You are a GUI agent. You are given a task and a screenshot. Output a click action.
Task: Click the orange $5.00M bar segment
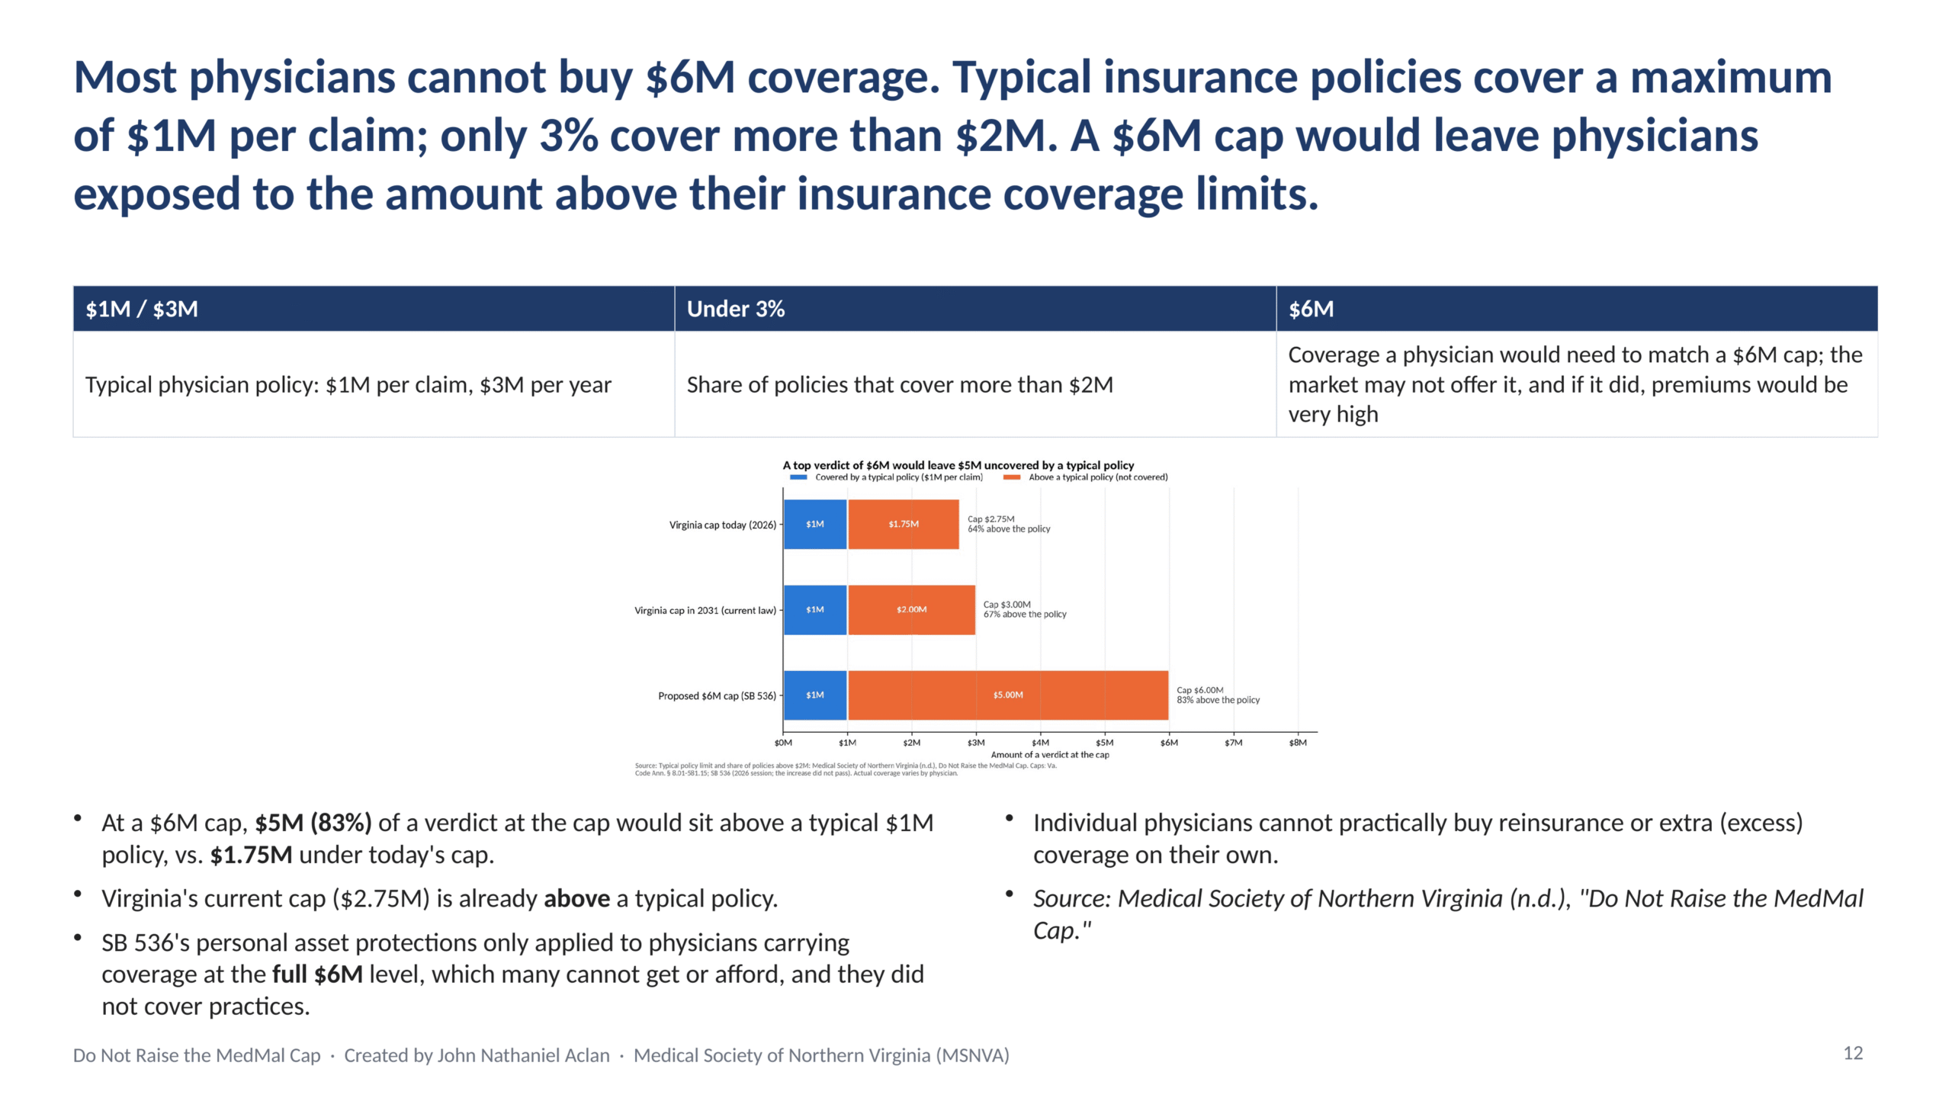(1008, 695)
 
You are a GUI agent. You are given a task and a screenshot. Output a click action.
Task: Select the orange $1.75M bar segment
(904, 524)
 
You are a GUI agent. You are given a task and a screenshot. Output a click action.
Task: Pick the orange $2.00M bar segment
(912, 609)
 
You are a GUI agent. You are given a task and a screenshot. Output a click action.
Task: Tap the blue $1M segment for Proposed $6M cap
(815, 695)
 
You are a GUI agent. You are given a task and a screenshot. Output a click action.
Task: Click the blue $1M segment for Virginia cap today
(815, 524)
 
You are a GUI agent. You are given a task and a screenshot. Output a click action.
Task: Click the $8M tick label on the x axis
(1298, 742)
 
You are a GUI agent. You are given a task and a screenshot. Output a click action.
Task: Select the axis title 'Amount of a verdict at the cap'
(1050, 755)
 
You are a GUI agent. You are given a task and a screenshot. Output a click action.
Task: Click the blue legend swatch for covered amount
(798, 477)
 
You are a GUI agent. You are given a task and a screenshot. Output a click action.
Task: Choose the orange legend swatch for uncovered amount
(1012, 477)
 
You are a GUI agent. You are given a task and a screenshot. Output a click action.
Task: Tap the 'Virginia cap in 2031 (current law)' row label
(705, 610)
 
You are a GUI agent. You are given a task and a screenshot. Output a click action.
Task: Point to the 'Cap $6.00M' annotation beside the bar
(1200, 690)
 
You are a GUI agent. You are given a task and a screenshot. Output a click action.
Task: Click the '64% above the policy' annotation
(1009, 529)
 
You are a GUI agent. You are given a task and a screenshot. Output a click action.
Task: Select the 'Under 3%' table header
(736, 309)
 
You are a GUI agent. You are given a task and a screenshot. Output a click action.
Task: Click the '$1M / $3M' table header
(142, 309)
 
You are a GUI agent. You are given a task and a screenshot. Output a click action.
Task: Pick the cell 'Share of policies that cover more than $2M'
(900, 384)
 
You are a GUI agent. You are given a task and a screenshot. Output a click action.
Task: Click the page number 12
(1853, 1053)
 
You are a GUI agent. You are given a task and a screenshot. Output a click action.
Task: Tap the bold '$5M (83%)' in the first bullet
(313, 823)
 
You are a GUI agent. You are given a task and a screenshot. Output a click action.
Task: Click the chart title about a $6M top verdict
(958, 465)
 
